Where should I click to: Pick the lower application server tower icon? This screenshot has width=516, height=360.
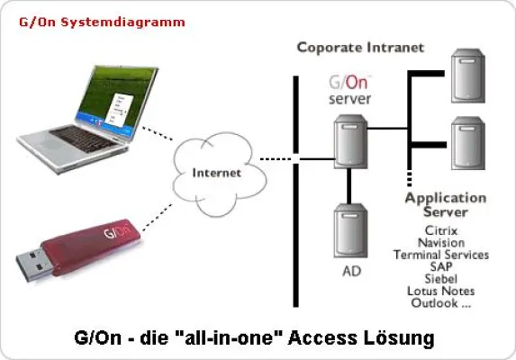pos(466,144)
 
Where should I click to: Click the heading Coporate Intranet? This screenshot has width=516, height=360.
pos(361,47)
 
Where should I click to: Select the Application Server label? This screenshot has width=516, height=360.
pos(445,204)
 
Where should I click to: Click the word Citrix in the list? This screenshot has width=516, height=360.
pos(441,230)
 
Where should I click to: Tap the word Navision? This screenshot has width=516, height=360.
pos(441,242)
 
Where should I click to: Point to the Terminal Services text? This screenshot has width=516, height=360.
pos(441,255)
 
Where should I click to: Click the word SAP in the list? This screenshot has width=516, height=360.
pos(441,267)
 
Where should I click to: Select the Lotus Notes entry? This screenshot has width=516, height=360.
pos(441,292)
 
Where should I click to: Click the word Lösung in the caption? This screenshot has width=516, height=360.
pos(402,338)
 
